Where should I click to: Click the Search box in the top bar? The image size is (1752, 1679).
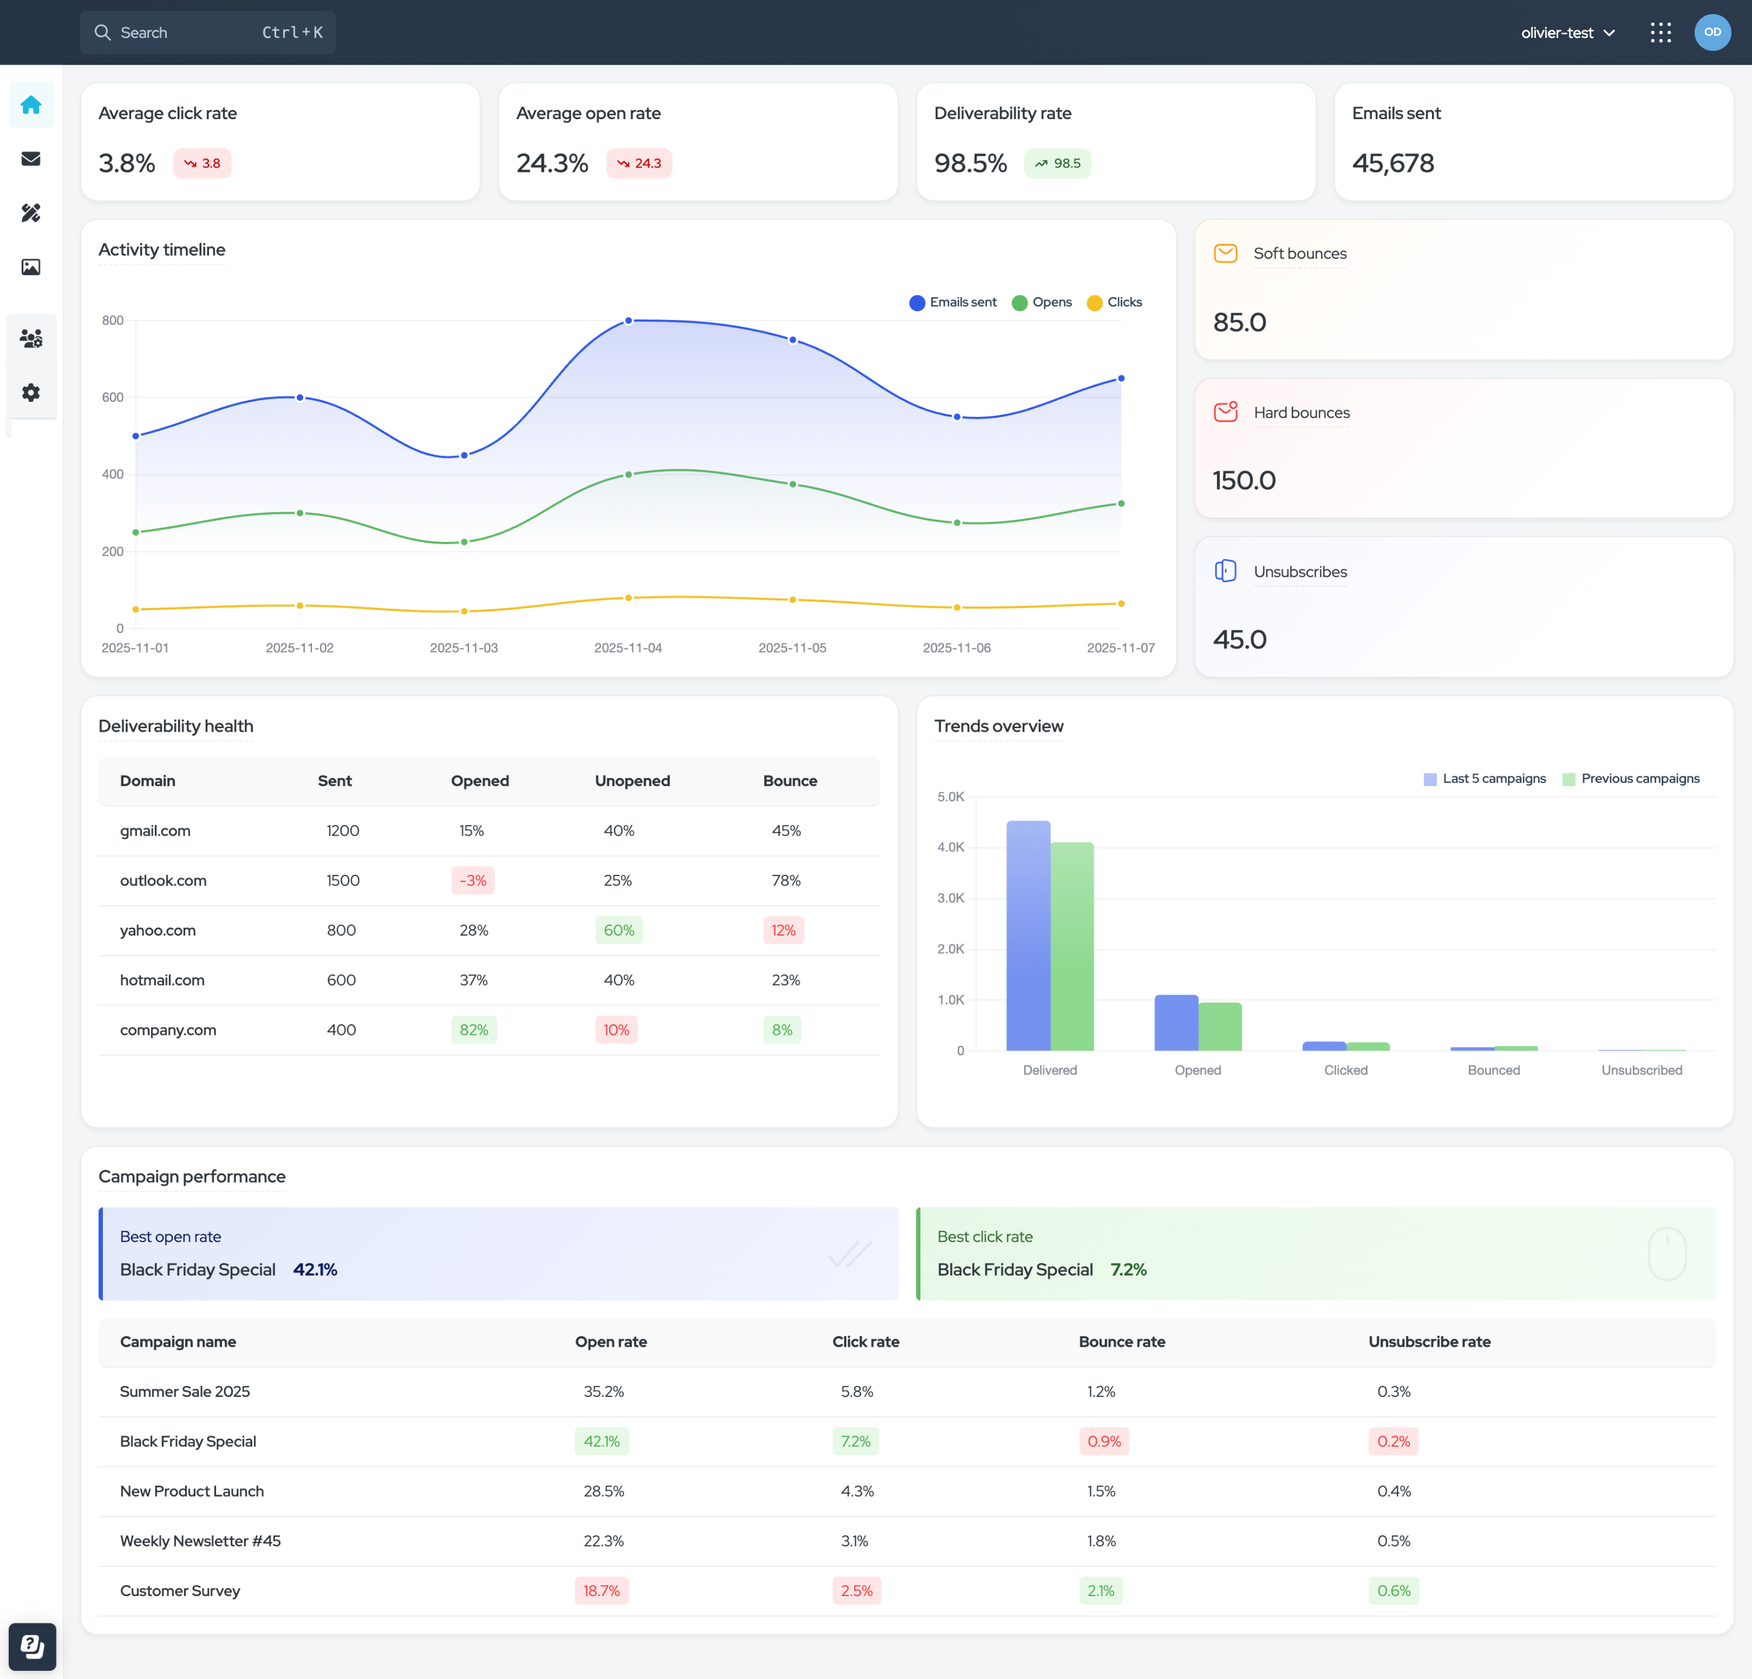(207, 32)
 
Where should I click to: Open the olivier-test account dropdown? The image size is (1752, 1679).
(1568, 33)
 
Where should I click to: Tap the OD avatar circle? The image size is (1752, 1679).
(1712, 32)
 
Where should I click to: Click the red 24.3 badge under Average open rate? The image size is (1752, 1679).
(639, 164)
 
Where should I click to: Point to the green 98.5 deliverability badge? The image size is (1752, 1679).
(1058, 164)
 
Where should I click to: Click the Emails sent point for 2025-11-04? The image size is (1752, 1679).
(628, 320)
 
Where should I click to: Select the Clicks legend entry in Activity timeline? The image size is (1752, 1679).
(1115, 302)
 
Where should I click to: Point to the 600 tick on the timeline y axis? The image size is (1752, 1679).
(113, 397)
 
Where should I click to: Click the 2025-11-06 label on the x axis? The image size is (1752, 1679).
(957, 647)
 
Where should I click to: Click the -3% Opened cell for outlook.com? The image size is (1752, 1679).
(473, 881)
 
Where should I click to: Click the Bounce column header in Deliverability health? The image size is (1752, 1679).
(790, 780)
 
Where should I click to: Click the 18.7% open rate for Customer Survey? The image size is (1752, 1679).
(602, 1590)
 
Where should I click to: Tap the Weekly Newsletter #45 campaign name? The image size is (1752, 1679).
(200, 1541)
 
